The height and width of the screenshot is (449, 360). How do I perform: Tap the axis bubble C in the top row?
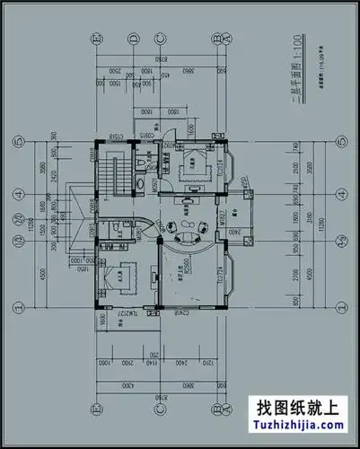[159, 38]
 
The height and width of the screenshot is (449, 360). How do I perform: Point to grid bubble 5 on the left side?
[17, 142]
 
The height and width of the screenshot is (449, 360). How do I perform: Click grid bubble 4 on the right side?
[342, 193]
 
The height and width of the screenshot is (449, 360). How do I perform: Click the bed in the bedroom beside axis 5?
[192, 165]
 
